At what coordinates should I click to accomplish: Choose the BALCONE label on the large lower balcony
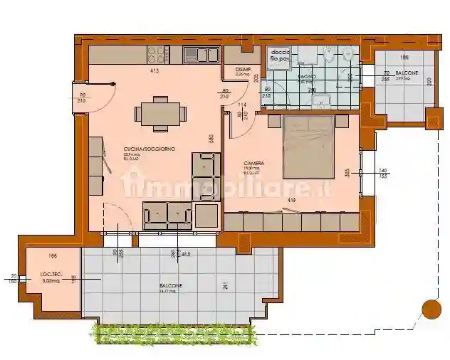(x=171, y=285)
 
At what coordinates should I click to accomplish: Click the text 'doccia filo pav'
(x=280, y=58)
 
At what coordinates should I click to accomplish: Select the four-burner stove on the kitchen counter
(x=156, y=54)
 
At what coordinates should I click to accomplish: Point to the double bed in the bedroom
(x=309, y=147)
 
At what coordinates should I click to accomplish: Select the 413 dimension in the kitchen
(x=153, y=71)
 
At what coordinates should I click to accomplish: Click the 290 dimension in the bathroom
(x=312, y=90)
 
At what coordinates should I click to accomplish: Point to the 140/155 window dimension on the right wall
(x=383, y=173)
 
